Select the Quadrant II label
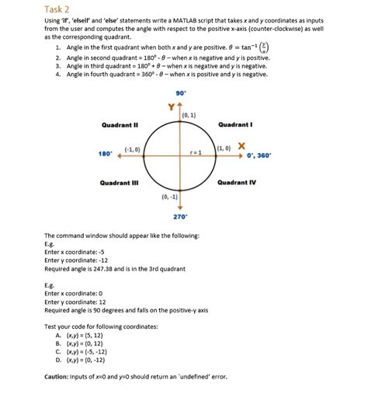pyautogui.click(x=120, y=124)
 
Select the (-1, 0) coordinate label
pyautogui.click(x=132, y=148)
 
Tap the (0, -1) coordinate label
pyautogui.click(x=169, y=197)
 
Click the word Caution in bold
pyautogui.click(x=59, y=376)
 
